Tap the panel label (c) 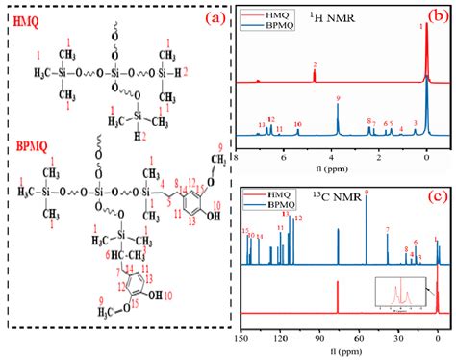coord(437,197)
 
